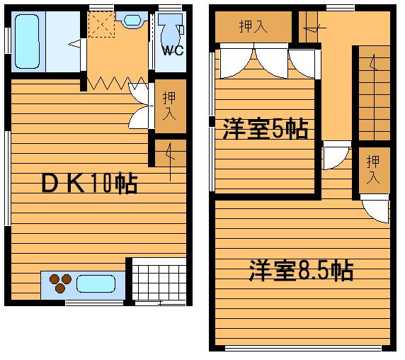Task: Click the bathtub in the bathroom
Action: click(27, 41)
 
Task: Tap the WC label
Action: click(173, 50)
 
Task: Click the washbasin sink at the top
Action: click(132, 20)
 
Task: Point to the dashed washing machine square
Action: click(101, 25)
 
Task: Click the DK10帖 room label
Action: click(89, 184)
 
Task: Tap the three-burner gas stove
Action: click(60, 283)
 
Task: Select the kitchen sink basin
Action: click(96, 283)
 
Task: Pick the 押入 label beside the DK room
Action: click(169, 106)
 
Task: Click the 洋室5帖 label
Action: click(266, 129)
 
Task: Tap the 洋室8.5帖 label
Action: click(301, 271)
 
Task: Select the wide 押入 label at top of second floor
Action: click(253, 26)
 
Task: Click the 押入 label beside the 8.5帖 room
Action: click(373, 169)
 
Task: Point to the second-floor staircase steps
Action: click(375, 94)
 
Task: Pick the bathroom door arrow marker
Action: click(74, 44)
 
